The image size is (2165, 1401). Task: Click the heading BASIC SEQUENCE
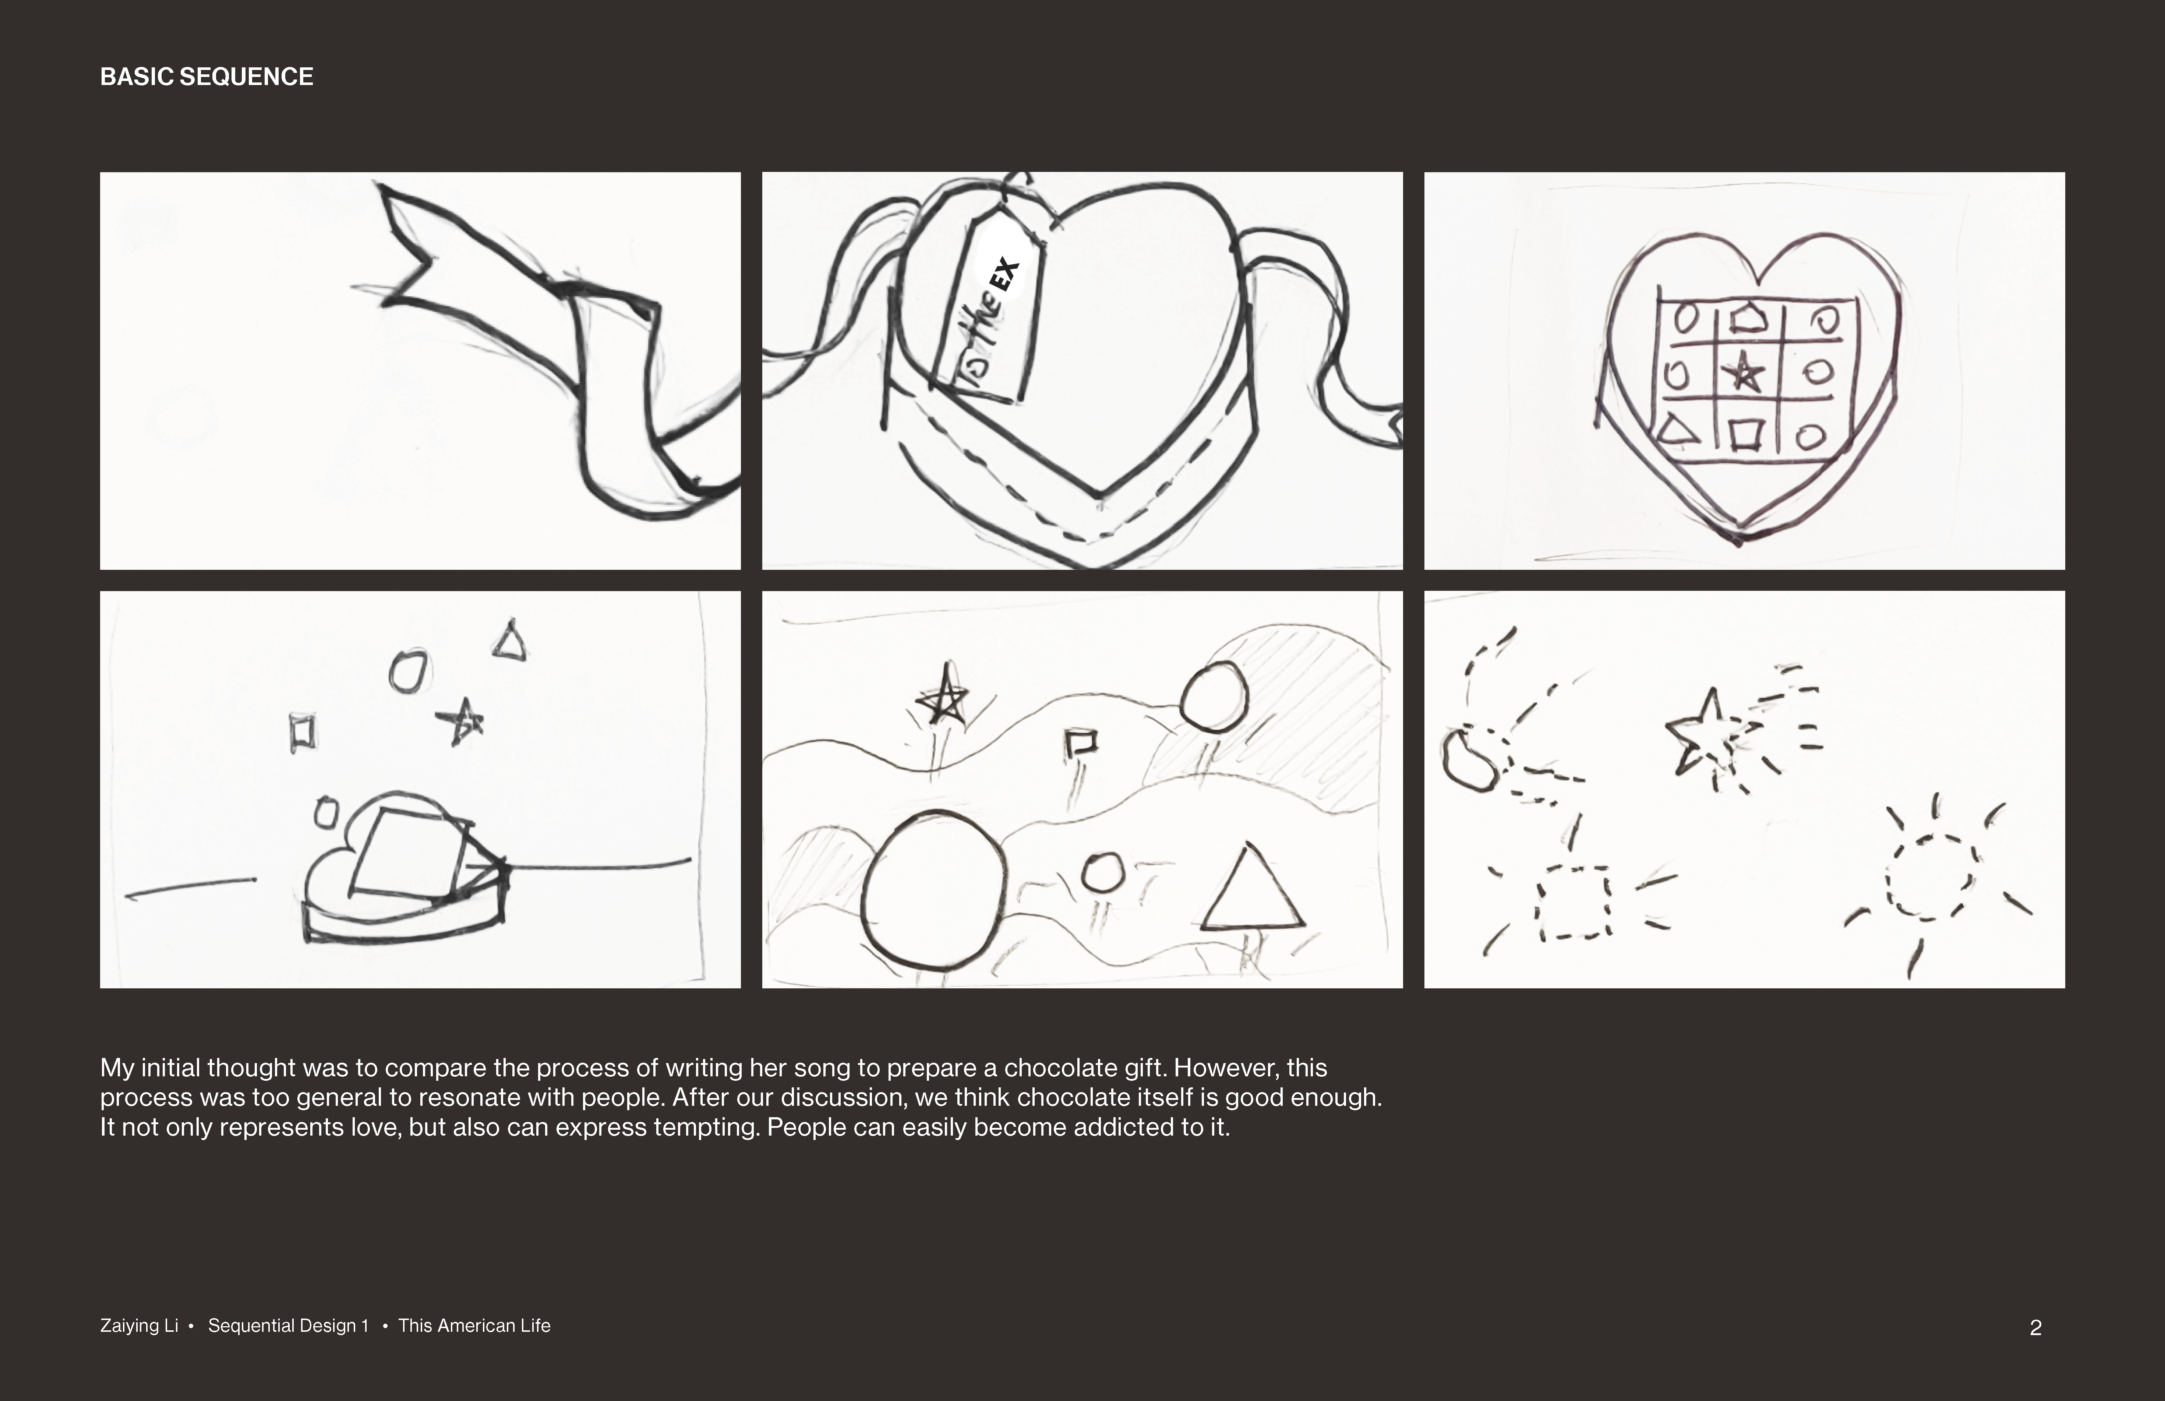pos(206,77)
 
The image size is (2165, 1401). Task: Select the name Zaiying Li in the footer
pos(139,1326)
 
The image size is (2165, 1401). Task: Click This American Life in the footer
pos(474,1326)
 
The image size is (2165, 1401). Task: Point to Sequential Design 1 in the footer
pos(288,1326)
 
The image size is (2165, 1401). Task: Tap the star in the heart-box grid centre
pos(1744,373)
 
